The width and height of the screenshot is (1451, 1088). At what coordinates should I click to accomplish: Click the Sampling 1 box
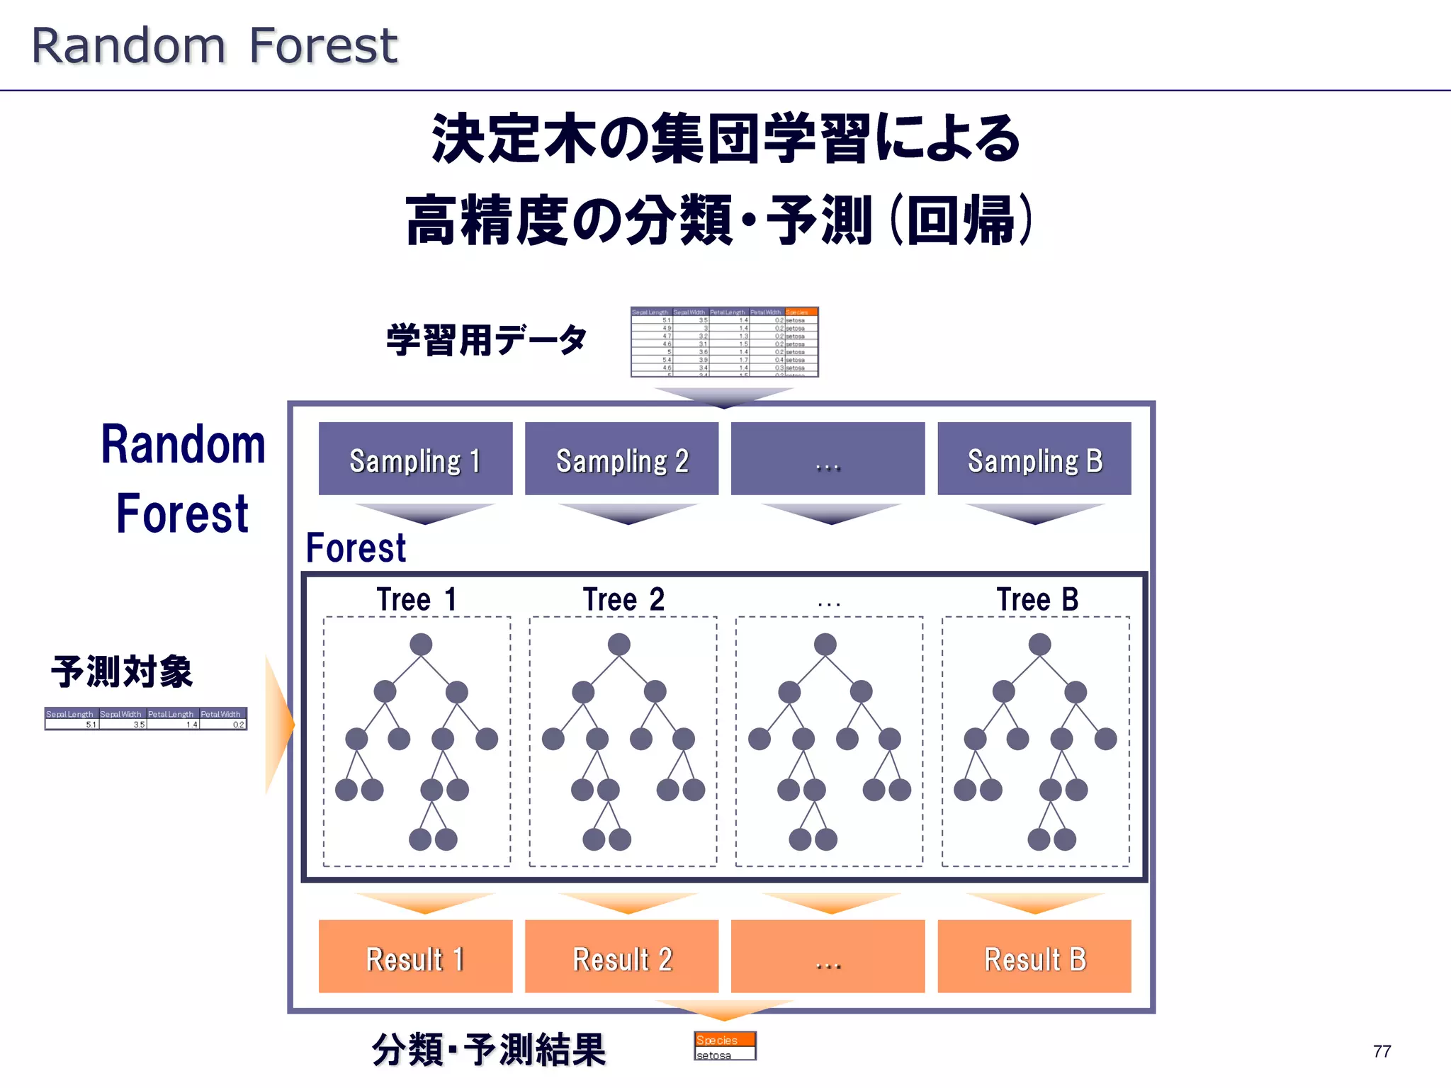coord(415,459)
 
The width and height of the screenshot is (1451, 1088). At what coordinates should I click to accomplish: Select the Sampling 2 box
coord(621,459)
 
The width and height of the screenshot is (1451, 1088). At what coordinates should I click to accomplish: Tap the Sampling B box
coord(1034,459)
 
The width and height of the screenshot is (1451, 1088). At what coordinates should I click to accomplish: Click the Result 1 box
coord(415,957)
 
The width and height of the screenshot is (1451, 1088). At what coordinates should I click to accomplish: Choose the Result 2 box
coord(621,957)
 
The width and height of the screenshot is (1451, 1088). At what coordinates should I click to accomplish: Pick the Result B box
coord(1034,957)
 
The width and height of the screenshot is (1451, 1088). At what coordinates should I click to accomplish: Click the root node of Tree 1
coord(421,645)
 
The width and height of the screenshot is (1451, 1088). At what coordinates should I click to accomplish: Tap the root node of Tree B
coord(1039,645)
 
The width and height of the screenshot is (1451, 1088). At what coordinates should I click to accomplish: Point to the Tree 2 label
coord(623,600)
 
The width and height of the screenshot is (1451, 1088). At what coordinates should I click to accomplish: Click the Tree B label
coord(1037,600)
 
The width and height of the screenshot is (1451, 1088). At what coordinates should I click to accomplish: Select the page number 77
coord(1382,1051)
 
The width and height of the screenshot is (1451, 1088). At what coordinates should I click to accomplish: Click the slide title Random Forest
coord(215,46)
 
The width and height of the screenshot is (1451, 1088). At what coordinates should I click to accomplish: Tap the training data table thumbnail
coord(724,342)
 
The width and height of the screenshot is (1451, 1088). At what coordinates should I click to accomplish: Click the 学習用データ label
coord(487,340)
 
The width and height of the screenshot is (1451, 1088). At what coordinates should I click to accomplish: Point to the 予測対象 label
coord(122,671)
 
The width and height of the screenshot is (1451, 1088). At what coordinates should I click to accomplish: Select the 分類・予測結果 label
coord(489,1049)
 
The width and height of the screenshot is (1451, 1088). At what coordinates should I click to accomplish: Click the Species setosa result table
coord(725,1046)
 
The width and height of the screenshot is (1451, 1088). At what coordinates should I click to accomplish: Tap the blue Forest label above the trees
coord(356,548)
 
